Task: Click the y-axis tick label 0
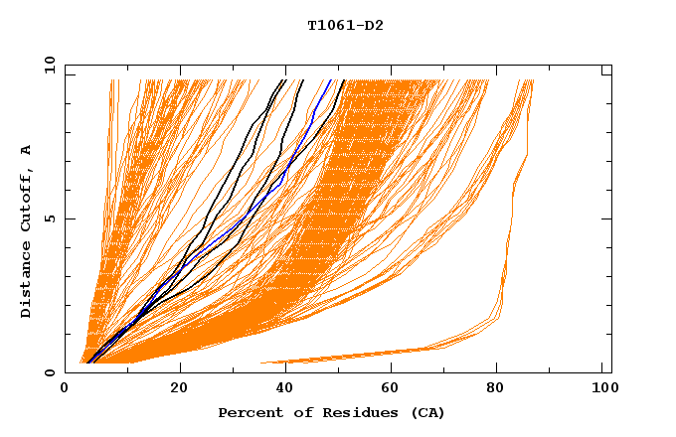pos(49,372)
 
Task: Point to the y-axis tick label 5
pos(49,218)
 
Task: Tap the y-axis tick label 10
pos(49,66)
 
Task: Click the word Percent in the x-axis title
pos(247,412)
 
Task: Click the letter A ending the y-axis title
pos(26,150)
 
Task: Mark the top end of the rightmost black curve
pos(344,80)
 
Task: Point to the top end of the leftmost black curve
pos(285,80)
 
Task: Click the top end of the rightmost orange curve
pos(533,80)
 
